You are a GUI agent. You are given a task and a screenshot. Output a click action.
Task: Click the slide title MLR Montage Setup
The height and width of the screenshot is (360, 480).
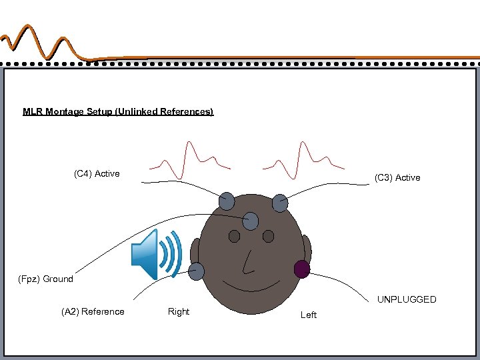pos(118,111)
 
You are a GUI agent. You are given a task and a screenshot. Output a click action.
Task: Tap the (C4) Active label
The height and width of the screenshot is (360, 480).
pos(97,174)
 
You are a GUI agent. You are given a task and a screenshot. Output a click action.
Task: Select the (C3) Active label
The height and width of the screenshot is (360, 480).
pos(397,177)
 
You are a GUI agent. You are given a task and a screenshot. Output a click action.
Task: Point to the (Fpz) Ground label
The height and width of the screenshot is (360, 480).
pos(45,279)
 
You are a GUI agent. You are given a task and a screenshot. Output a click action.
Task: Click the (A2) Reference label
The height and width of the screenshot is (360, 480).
pos(93,311)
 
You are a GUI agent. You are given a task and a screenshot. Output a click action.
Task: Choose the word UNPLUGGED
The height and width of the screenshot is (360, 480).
pos(407,299)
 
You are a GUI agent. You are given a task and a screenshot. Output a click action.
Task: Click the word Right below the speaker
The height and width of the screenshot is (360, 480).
pos(179,311)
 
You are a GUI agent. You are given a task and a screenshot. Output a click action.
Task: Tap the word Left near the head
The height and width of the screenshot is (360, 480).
pos(309,315)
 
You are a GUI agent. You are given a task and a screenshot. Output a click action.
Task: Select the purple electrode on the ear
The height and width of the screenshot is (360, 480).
pos(302,269)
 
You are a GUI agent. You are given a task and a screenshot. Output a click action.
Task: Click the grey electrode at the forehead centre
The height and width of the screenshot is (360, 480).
pos(251,221)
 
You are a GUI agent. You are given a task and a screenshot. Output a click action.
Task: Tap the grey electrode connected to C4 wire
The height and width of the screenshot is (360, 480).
pos(227,200)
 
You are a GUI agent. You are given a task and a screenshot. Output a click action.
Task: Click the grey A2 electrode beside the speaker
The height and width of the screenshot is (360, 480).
pos(197,270)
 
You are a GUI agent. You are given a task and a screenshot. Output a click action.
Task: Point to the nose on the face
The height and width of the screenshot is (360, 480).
pos(248,262)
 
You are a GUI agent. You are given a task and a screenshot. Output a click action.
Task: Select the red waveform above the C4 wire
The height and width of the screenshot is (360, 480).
pos(190,160)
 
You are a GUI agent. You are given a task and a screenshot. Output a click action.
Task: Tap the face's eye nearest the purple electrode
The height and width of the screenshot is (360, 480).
pos(268,236)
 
